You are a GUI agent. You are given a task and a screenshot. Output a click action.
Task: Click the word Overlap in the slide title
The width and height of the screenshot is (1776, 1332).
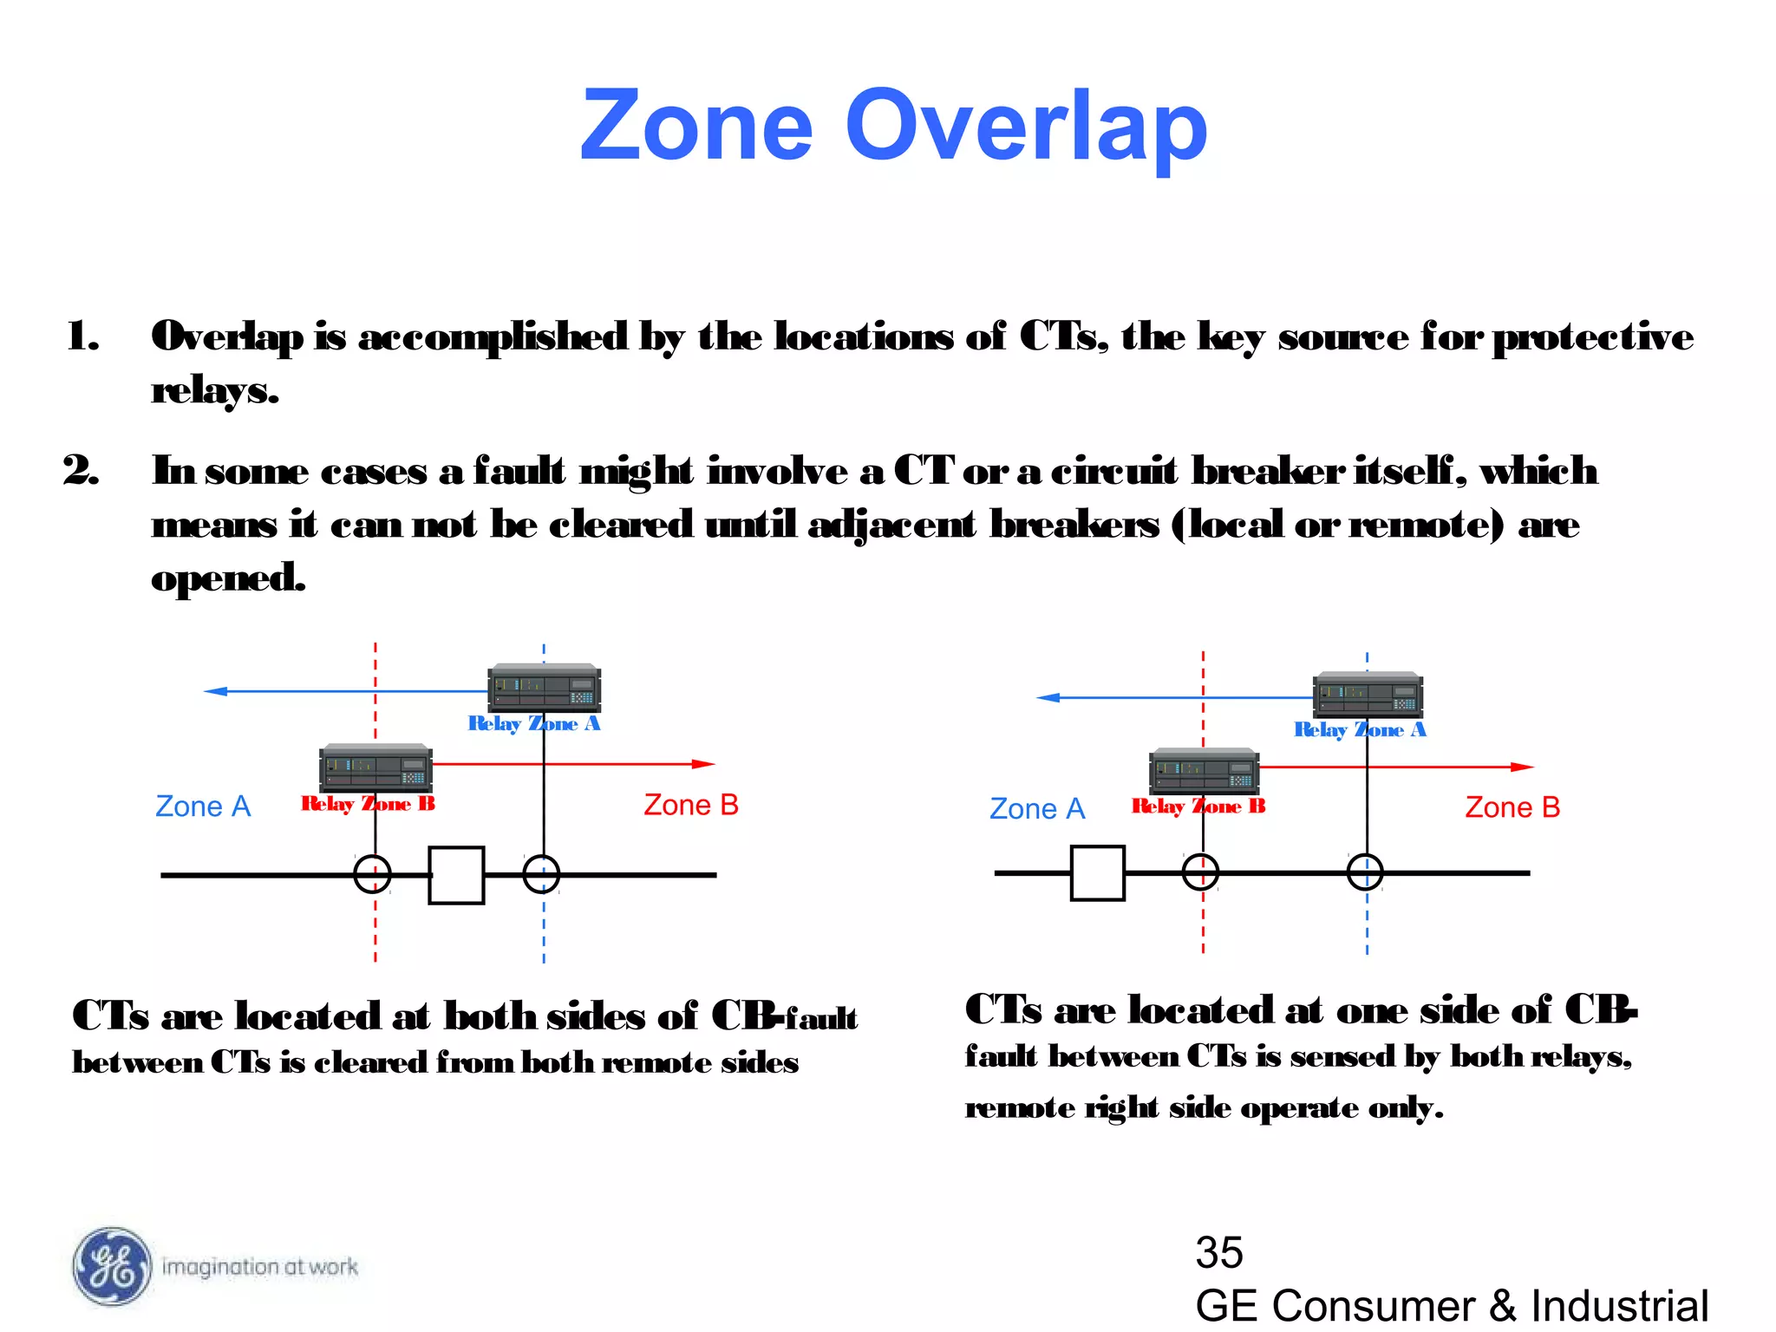pyautogui.click(x=1026, y=127)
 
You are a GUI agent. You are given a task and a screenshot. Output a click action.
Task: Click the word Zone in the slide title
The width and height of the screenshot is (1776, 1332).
pyautogui.click(x=697, y=127)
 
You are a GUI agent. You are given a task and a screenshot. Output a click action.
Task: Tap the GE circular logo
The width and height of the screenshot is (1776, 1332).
pyautogui.click(x=111, y=1267)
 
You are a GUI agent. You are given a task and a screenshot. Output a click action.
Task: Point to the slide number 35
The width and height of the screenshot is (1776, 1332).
pyautogui.click(x=1218, y=1252)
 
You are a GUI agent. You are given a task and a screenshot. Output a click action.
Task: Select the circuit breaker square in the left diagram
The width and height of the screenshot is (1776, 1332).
pyautogui.click(x=456, y=875)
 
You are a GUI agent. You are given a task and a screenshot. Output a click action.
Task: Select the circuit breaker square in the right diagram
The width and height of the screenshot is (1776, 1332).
pyautogui.click(x=1097, y=873)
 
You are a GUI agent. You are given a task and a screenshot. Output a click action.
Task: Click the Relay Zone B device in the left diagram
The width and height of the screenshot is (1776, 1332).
pyautogui.click(x=375, y=768)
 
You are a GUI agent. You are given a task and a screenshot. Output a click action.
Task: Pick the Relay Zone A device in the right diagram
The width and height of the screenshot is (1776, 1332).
pyautogui.click(x=1368, y=695)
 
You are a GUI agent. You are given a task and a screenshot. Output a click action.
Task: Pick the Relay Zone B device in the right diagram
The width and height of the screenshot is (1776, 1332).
pyautogui.click(x=1203, y=771)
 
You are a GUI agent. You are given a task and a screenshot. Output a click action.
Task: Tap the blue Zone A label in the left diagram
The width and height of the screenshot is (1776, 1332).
pyautogui.click(x=203, y=806)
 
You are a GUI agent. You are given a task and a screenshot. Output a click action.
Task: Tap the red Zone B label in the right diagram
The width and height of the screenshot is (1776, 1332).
pyautogui.click(x=1512, y=807)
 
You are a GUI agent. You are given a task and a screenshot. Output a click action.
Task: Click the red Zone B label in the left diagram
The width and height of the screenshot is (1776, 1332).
pyautogui.click(x=690, y=805)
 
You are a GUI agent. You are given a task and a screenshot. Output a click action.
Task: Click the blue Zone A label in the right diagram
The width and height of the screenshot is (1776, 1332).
pyautogui.click(x=1037, y=809)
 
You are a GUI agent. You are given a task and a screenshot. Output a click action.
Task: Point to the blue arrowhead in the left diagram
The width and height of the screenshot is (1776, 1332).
pyautogui.click(x=215, y=691)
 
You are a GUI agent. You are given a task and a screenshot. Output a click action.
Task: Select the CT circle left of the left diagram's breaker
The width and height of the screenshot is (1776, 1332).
pyautogui.click(x=373, y=874)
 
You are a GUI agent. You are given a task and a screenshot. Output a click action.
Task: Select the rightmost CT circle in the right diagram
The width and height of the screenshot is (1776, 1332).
pyautogui.click(x=1365, y=872)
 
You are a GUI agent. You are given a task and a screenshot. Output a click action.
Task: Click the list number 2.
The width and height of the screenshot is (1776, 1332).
pyautogui.click(x=81, y=470)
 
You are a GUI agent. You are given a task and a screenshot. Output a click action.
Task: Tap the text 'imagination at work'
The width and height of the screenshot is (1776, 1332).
pyautogui.click(x=260, y=1267)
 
